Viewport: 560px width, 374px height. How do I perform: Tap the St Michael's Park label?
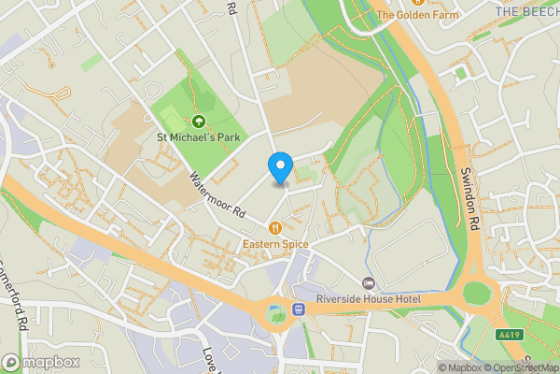tap(197, 137)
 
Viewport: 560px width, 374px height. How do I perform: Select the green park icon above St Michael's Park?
tap(198, 121)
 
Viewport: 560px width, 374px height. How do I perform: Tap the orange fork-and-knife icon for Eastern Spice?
tap(275, 227)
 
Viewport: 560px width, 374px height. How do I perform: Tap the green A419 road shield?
tap(509, 335)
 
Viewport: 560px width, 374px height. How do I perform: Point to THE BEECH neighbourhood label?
tap(526, 11)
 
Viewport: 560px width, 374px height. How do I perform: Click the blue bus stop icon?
tap(299, 309)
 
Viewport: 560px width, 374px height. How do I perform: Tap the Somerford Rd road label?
tap(14, 290)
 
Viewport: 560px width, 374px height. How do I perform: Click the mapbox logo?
tap(40, 362)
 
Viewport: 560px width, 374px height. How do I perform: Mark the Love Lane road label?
tap(209, 360)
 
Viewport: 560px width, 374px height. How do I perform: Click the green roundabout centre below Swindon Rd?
tap(477, 294)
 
